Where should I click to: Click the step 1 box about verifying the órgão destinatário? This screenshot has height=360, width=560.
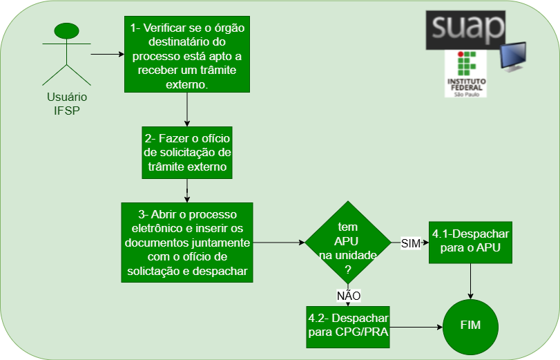187,53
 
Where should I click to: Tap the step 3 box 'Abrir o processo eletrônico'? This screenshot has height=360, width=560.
187,242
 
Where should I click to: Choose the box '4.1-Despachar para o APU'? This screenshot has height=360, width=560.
470,242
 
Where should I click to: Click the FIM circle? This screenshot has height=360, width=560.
470,325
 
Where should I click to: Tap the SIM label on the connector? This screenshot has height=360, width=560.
410,243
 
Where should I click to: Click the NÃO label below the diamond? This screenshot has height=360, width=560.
349,295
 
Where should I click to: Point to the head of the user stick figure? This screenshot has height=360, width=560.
66,31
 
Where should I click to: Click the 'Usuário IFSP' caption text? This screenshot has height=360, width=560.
66,104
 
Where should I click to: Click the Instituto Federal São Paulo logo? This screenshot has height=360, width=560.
466,73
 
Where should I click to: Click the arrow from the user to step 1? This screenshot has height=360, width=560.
107,53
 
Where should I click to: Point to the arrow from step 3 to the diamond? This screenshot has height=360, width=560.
280,243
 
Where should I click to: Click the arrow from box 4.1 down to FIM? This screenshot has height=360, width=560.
470,281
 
